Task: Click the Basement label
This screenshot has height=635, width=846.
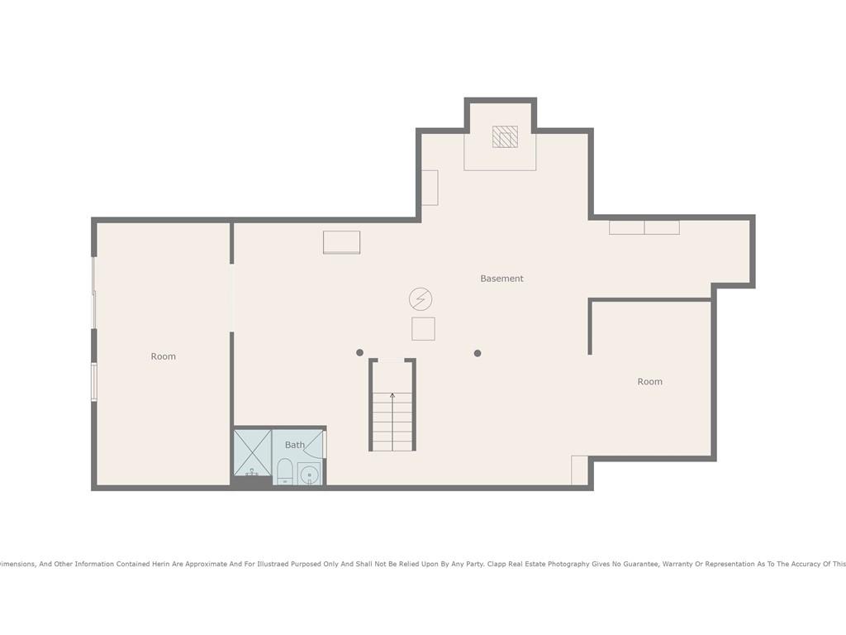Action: coord(501,279)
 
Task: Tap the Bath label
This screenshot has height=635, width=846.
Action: coord(295,445)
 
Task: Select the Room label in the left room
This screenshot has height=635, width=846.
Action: coord(163,356)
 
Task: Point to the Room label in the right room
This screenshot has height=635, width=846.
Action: coord(649,382)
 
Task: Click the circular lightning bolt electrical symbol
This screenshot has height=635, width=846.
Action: coord(421,299)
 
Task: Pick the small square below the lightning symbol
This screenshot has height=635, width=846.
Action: coord(423,329)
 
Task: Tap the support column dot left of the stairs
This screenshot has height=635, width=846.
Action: coord(360,353)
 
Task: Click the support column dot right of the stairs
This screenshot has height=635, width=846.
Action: coord(478,353)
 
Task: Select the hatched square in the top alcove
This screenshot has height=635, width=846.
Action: coord(505,136)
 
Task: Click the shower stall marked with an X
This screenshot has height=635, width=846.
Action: coord(253,452)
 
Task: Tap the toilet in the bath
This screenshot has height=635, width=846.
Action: coord(284,471)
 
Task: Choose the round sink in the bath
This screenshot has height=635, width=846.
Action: coord(309,475)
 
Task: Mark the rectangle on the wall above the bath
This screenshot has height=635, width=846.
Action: coord(341,242)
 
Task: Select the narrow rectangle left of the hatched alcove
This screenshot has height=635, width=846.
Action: coord(430,188)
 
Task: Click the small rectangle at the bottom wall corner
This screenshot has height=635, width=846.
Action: coord(579,470)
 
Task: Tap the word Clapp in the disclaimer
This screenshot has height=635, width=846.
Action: coord(497,564)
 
